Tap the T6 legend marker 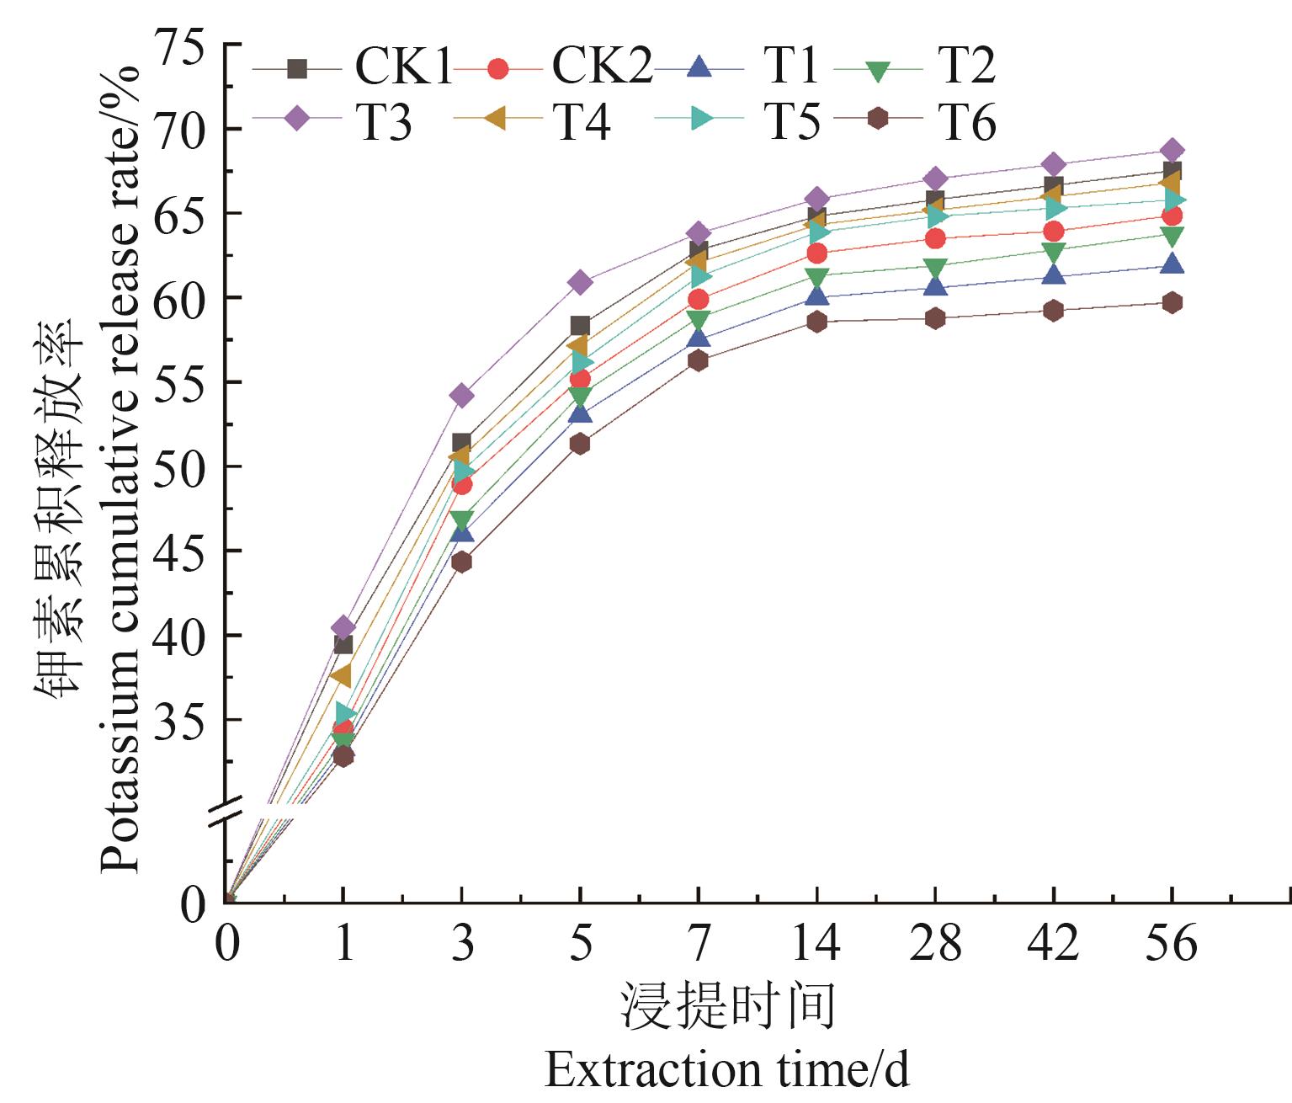pyautogui.click(x=878, y=119)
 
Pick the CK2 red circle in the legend pyautogui.click(x=497, y=68)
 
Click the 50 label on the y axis pyautogui.click(x=178, y=466)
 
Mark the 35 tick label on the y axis pyautogui.click(x=178, y=720)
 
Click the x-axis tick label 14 pyautogui.click(x=816, y=943)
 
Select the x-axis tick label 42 pyautogui.click(x=1053, y=943)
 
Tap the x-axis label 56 pyautogui.click(x=1171, y=943)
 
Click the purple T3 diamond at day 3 pyautogui.click(x=461, y=395)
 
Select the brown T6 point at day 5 pyautogui.click(x=580, y=444)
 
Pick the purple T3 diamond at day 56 pyautogui.click(x=1172, y=152)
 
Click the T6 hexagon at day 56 pyautogui.click(x=1172, y=303)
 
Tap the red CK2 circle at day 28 pyautogui.click(x=935, y=239)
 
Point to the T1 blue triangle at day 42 pyautogui.click(x=1053, y=275)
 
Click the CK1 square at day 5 pyautogui.click(x=580, y=326)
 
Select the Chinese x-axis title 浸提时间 pyautogui.click(x=728, y=1005)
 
